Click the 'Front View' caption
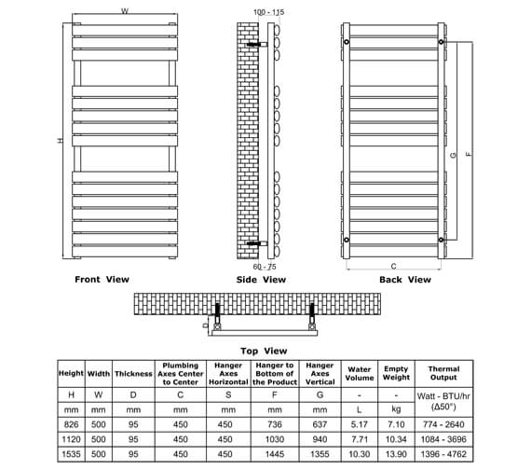click(x=102, y=279)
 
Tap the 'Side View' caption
click(x=262, y=280)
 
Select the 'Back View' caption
click(x=405, y=279)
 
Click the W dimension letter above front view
click(x=124, y=11)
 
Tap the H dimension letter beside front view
click(x=60, y=141)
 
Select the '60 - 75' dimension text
click(x=265, y=267)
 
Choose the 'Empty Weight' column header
click(x=396, y=375)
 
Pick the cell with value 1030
click(x=274, y=438)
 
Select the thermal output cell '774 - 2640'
click(x=443, y=424)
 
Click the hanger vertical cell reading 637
click(x=320, y=424)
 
